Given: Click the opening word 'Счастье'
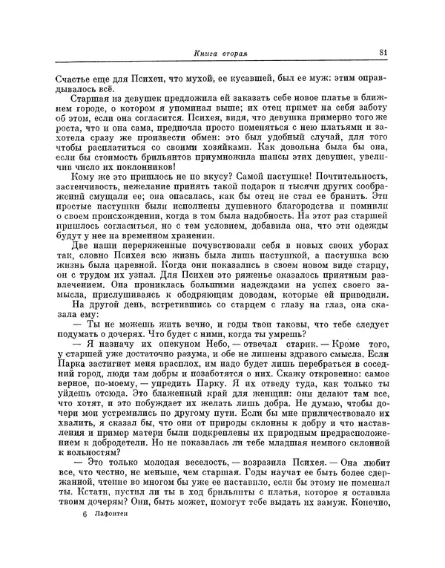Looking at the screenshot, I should (74, 75).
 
